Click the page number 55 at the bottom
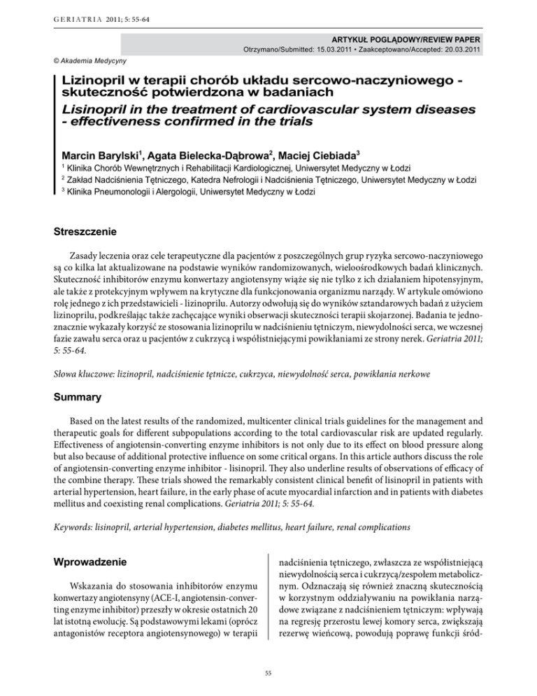pos(268,672)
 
